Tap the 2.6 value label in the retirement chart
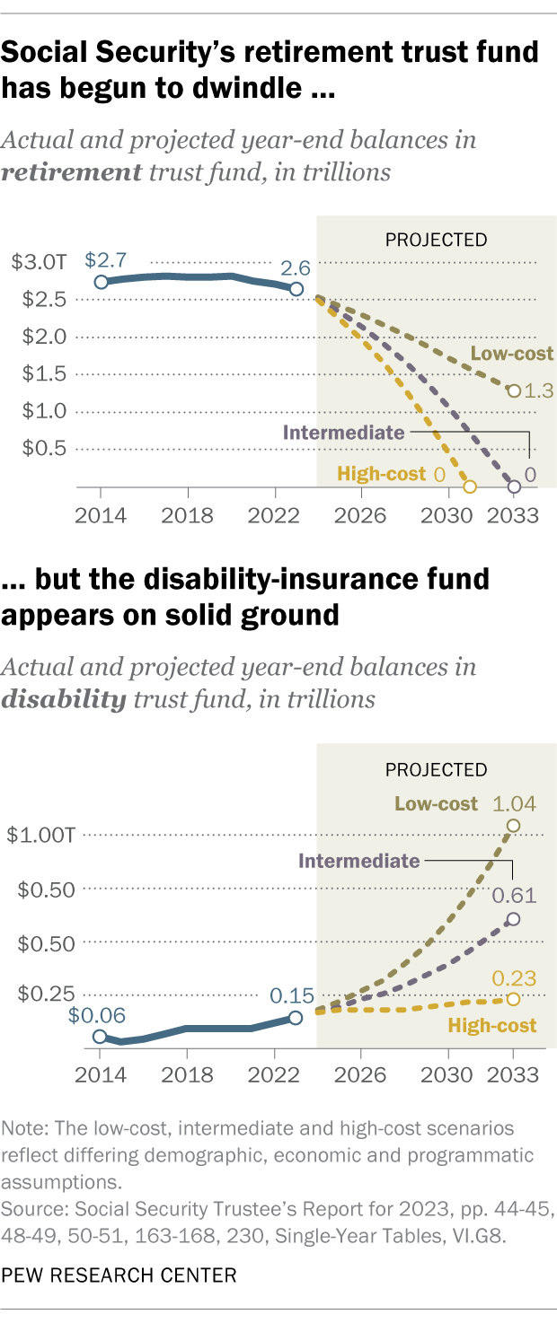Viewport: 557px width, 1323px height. (x=296, y=268)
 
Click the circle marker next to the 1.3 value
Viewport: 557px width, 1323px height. (x=513, y=390)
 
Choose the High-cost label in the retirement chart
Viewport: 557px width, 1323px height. (x=381, y=474)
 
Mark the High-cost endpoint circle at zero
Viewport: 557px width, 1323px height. (x=469, y=487)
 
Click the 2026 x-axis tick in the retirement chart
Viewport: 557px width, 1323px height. (x=360, y=515)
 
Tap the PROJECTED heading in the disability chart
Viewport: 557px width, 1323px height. (x=436, y=769)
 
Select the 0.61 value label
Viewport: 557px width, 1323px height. (x=513, y=895)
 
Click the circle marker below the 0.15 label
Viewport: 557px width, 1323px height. (x=296, y=1018)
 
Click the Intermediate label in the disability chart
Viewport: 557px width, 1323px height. (x=359, y=861)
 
